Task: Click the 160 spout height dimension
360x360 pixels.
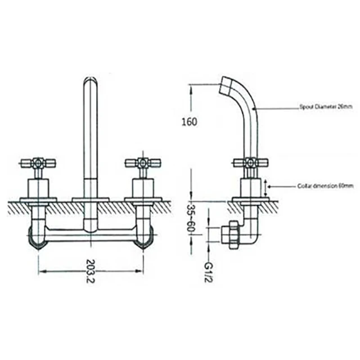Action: click(191, 121)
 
